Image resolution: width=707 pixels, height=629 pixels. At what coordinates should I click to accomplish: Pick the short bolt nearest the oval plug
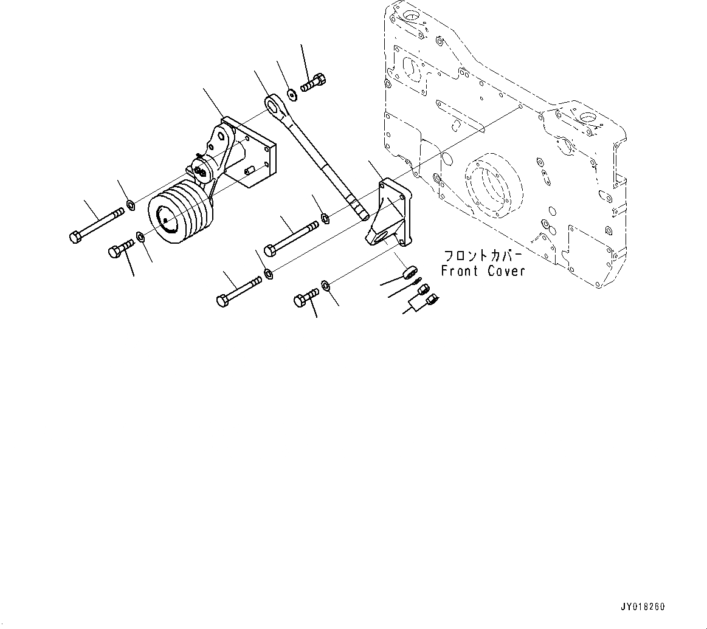(306, 297)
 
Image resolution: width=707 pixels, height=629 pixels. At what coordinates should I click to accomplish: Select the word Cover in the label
(505, 271)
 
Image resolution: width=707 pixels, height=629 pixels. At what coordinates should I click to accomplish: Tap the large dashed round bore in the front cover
(491, 188)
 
